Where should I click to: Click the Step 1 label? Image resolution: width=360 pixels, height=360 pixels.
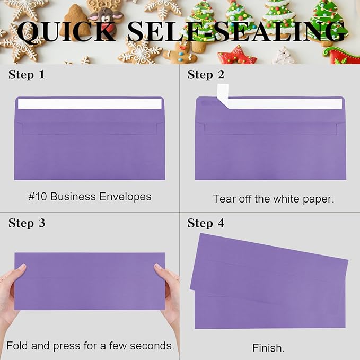[x=27, y=75]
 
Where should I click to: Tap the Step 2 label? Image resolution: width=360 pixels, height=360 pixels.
[x=206, y=75]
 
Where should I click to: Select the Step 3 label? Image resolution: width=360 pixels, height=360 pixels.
[x=27, y=223]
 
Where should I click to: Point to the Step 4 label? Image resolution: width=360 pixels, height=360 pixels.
[x=206, y=223]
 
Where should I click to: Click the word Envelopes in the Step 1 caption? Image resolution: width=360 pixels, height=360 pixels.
[x=126, y=197]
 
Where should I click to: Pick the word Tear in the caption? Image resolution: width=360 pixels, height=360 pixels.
[x=224, y=199]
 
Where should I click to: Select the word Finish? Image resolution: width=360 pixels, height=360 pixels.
[x=268, y=348]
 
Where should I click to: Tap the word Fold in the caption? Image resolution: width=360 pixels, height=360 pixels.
[x=17, y=346]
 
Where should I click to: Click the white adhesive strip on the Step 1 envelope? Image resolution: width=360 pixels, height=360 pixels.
[x=90, y=104]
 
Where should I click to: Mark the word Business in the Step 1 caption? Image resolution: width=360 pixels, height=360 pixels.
[x=74, y=197]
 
